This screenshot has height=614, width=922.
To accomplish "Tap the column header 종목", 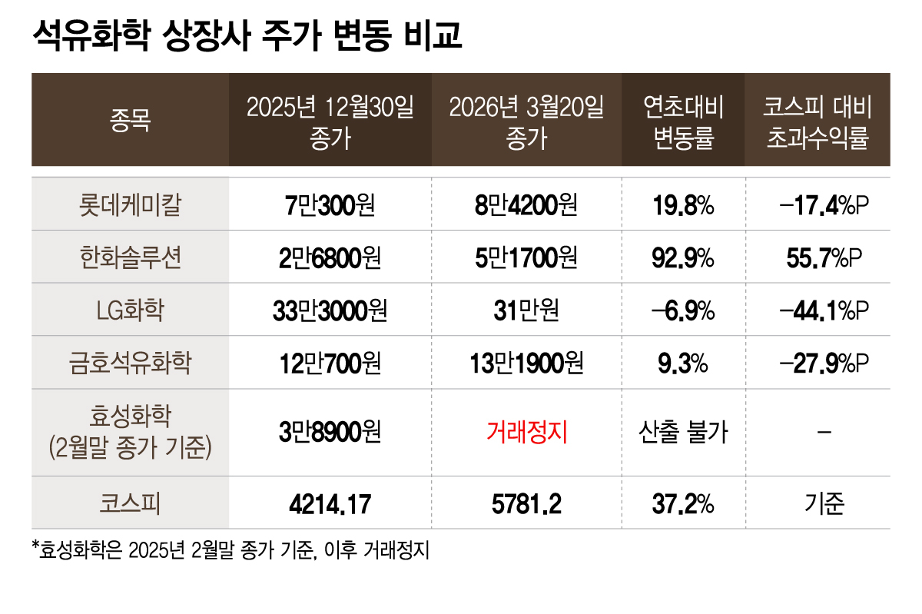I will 131,120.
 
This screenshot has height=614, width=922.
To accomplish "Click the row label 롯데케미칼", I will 131,204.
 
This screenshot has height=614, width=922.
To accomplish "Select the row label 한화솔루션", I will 131,257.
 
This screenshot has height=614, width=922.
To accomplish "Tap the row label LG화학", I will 131,310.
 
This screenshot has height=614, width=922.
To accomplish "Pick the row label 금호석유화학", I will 131,363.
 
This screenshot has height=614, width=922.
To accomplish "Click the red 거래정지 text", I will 527,433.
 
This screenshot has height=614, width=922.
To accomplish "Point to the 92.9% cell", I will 683,257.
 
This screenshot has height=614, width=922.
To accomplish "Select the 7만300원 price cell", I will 330,204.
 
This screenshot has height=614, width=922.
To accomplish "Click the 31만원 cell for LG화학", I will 527,310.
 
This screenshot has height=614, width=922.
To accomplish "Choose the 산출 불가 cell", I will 683,433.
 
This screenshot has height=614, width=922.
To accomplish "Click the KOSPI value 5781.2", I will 527,504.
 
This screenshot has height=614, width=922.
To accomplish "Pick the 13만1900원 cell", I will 527,363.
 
